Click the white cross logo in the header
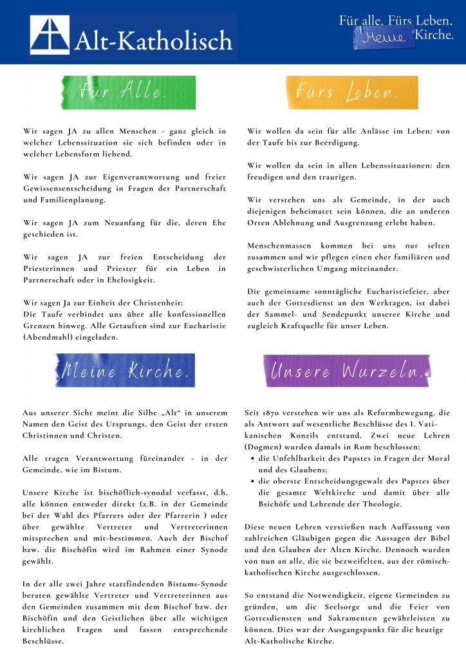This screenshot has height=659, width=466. [x=50, y=35]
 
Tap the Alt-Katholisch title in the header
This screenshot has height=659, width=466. [x=153, y=41]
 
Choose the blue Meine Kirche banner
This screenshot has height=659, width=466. [x=125, y=371]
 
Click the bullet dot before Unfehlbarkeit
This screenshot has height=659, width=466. [x=252, y=459]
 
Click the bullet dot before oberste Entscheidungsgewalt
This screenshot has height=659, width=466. [x=252, y=481]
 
